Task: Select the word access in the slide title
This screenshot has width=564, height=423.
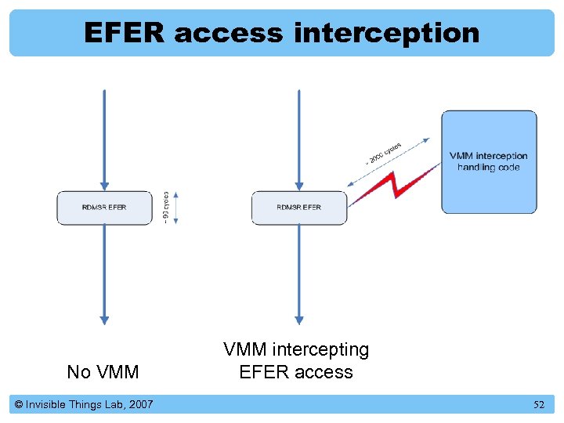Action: coord(230,33)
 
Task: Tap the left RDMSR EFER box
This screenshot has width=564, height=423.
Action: coord(103,208)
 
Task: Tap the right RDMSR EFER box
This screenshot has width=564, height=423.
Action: coord(298,208)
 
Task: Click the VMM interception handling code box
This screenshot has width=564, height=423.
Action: coord(489,162)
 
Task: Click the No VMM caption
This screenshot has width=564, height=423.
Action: coord(103,372)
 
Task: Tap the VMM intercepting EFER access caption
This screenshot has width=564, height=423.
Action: coord(296,360)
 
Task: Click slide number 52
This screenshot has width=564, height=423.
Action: coord(538,405)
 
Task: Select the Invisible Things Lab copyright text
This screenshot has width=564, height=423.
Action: coord(83,404)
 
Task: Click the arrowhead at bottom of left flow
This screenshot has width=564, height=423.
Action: coord(104,320)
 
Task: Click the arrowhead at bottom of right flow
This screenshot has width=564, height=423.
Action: coord(298,320)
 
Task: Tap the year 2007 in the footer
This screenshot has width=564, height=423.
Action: coord(140,404)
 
